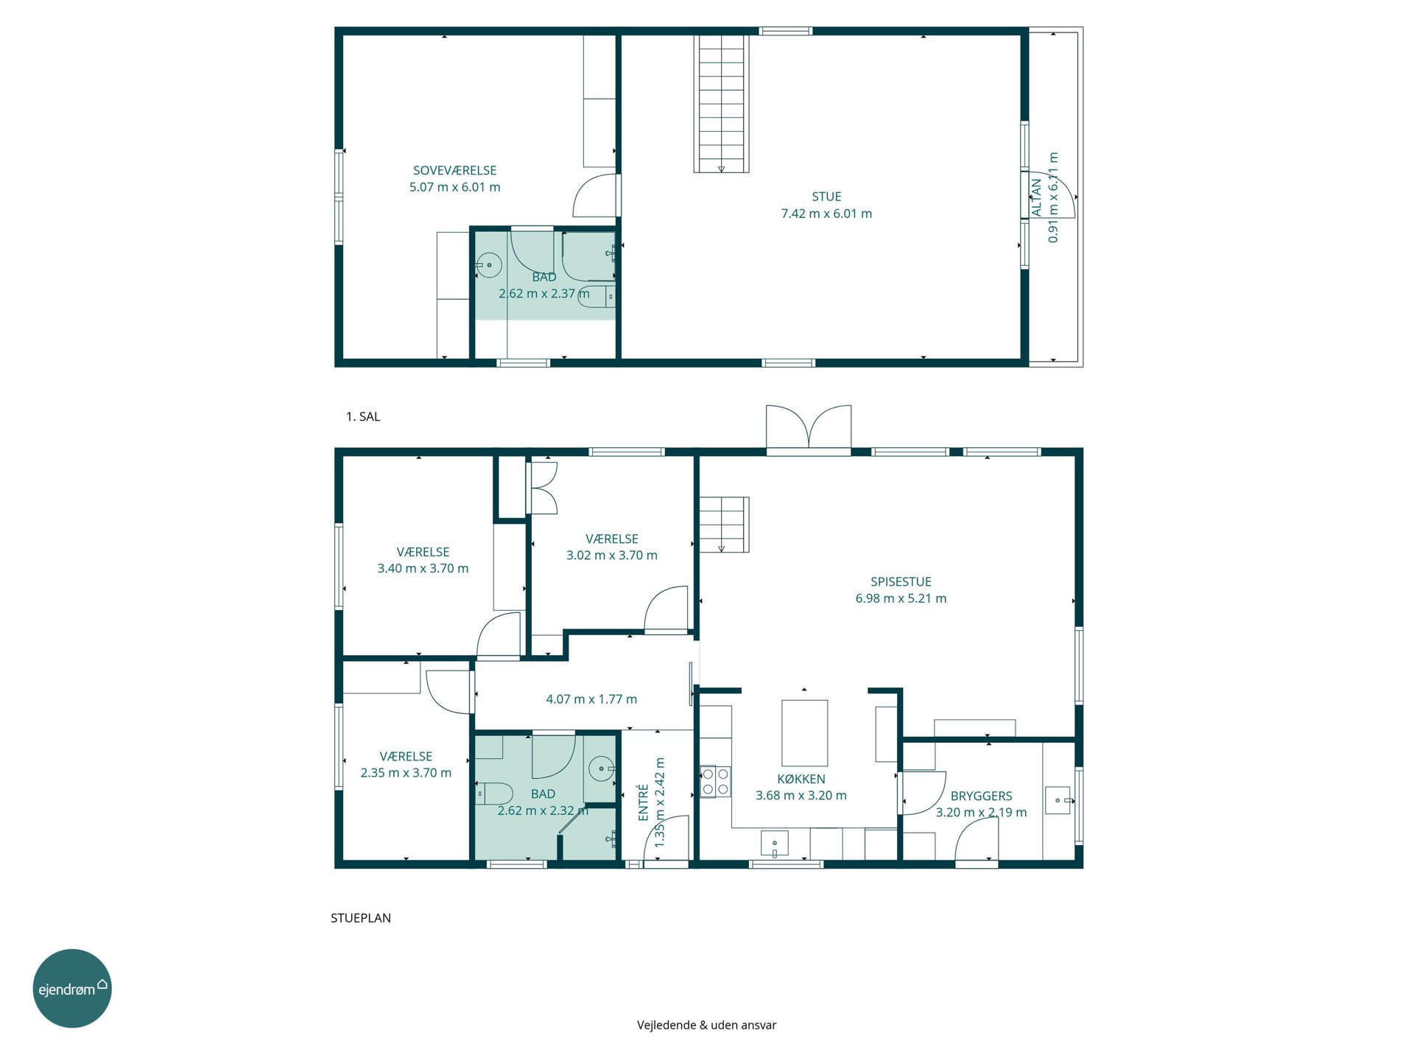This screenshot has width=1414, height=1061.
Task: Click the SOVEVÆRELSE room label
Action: click(x=454, y=170)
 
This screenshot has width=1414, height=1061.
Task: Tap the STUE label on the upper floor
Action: click(x=826, y=197)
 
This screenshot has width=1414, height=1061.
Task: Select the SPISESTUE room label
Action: click(x=901, y=582)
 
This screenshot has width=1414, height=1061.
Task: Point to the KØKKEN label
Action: click(x=801, y=779)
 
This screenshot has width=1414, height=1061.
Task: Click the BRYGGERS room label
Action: click(x=981, y=796)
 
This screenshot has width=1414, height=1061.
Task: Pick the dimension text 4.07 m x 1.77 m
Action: click(x=591, y=699)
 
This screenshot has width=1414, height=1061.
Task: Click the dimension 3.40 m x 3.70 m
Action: click(x=423, y=568)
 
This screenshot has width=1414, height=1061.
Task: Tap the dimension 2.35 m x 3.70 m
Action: click(x=406, y=773)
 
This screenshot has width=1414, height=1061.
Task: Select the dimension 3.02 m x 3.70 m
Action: click(x=612, y=556)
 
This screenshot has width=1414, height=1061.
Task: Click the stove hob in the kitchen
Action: click(x=715, y=782)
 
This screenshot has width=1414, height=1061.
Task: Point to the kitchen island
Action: click(x=804, y=733)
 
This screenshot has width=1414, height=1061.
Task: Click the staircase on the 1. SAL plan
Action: click(x=721, y=103)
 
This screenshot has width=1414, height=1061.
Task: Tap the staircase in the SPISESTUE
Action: click(x=724, y=525)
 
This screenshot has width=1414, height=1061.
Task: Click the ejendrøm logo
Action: click(x=72, y=988)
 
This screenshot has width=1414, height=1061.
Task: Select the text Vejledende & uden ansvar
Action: click(x=707, y=1025)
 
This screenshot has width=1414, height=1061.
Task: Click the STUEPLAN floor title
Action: click(x=361, y=918)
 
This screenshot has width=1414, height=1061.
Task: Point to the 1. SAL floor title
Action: click(x=363, y=416)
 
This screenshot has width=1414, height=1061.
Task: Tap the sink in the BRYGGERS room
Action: click(x=1058, y=800)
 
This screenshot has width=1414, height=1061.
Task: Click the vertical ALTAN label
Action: click(x=1036, y=197)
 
